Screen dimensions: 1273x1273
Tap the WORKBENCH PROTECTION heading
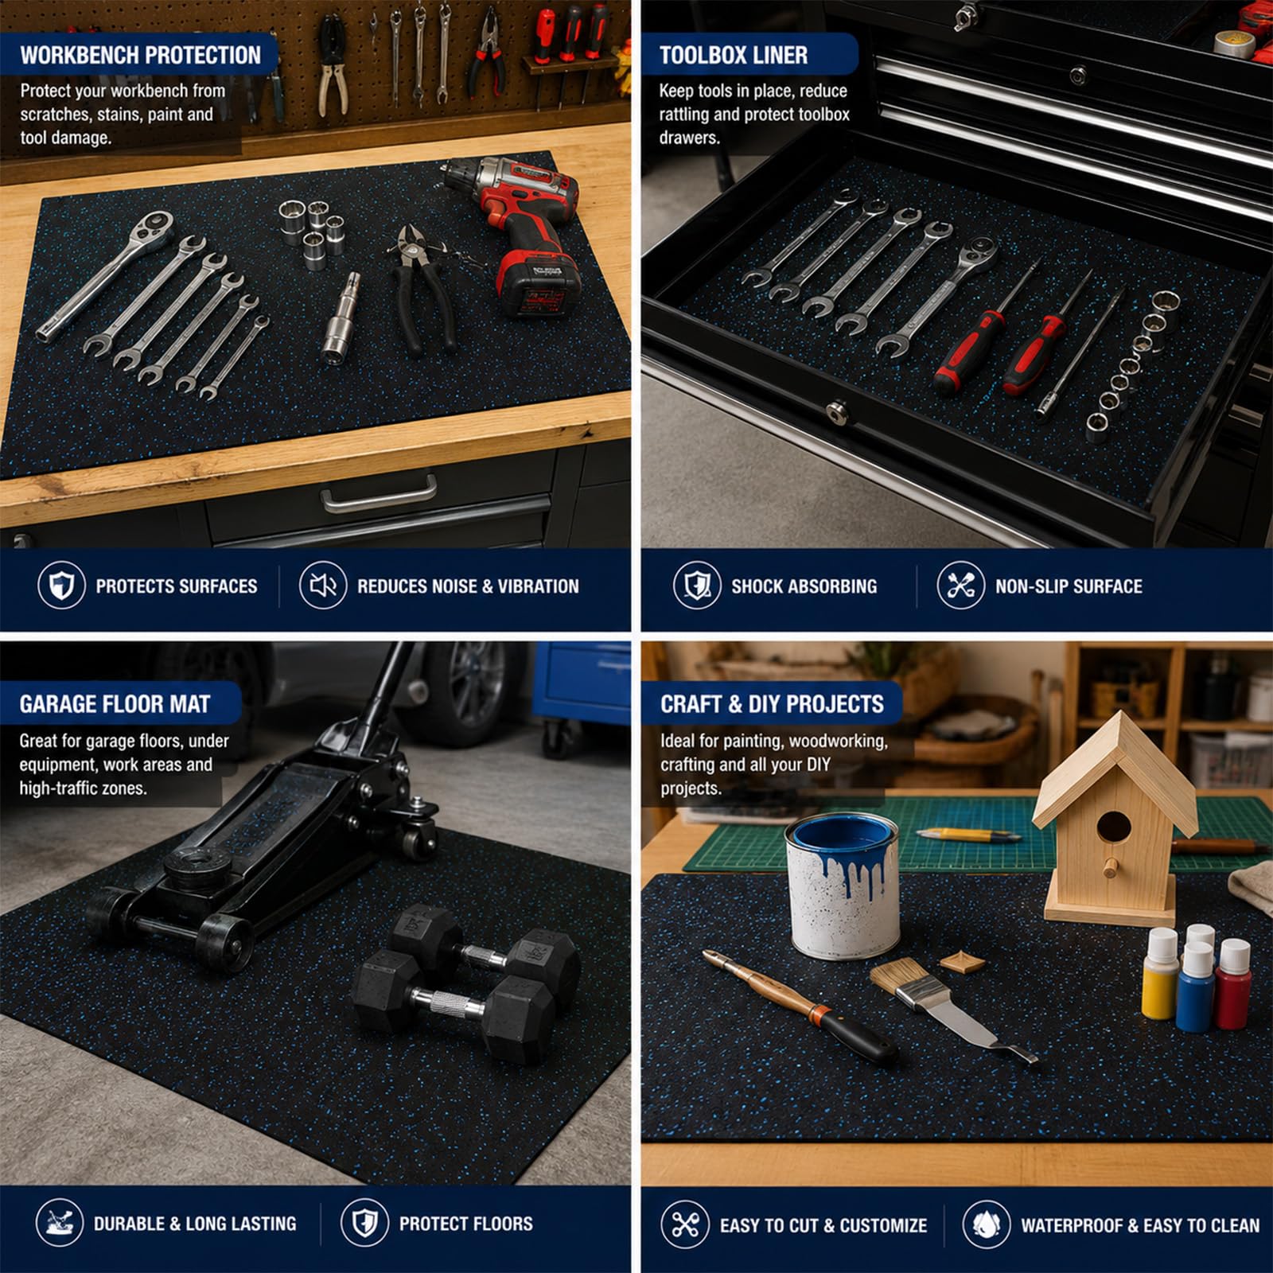click(x=141, y=55)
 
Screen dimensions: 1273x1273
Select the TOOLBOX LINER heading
click(x=734, y=55)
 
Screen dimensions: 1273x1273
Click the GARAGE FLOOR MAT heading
click(x=115, y=704)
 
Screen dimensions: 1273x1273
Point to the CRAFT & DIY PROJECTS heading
click(x=772, y=704)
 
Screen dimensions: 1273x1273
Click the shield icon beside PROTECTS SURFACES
click(x=61, y=586)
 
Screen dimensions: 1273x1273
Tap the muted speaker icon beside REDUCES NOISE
click(x=322, y=586)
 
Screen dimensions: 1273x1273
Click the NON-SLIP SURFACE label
click(x=1069, y=586)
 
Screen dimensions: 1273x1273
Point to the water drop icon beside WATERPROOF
click(x=986, y=1224)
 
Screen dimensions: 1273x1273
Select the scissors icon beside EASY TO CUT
click(x=684, y=1224)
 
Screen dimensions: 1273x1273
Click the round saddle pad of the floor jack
click(x=196, y=864)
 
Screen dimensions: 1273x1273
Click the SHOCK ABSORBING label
click(x=804, y=586)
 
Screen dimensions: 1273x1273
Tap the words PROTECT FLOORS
click(x=465, y=1224)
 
